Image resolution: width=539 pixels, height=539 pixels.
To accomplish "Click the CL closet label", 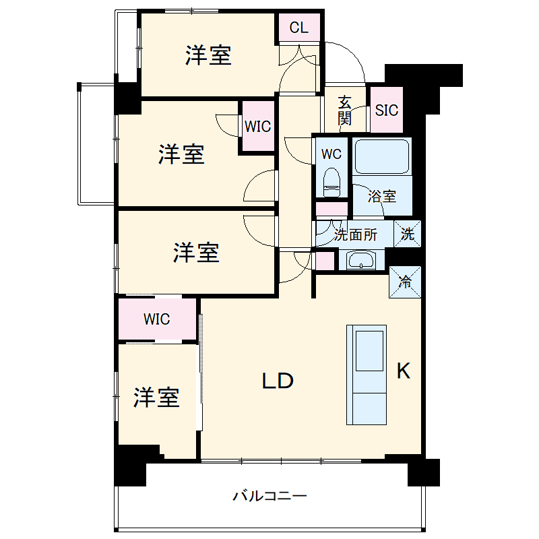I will point(299,28).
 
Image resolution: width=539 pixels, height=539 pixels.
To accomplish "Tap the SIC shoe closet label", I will point(387,110).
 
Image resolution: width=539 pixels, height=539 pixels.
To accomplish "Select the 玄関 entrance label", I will point(344,111).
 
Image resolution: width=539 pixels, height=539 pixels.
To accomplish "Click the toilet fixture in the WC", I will point(331,182).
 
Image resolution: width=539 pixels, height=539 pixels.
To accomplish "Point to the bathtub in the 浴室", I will point(382,157).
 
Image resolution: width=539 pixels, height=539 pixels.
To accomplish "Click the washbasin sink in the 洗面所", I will point(361,259).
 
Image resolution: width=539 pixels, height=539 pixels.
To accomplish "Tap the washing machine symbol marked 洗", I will point(408,234).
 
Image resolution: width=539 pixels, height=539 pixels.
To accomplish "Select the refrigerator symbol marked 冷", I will point(406,282).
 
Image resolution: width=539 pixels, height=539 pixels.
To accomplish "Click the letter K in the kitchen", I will point(403,371).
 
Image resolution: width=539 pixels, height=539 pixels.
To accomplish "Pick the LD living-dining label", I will point(278,381).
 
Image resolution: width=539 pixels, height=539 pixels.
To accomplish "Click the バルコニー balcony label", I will point(270,497).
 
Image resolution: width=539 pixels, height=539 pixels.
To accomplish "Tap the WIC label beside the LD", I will point(156,319).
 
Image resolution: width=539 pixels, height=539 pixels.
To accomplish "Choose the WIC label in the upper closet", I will point(257,126).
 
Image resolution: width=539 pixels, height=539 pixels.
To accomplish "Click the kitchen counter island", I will point(367,375).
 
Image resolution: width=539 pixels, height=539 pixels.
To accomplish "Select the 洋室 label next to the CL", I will point(209,56).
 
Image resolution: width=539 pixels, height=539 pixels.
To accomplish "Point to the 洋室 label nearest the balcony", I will point(156,398).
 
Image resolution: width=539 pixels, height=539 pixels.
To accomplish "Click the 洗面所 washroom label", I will point(356,235).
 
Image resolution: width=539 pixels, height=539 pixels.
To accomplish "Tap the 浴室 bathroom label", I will point(381,197).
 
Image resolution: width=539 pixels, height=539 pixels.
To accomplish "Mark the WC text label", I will point(331,154).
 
